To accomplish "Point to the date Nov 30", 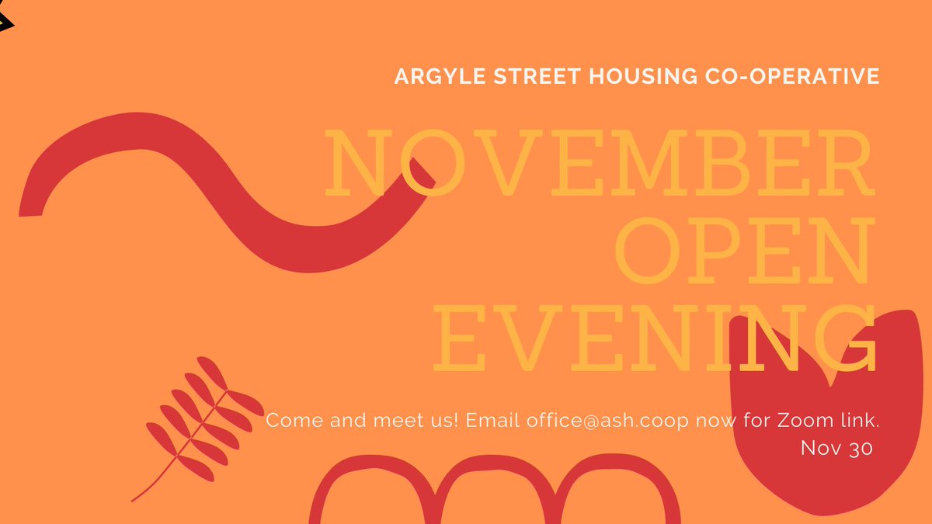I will click(837, 449).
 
